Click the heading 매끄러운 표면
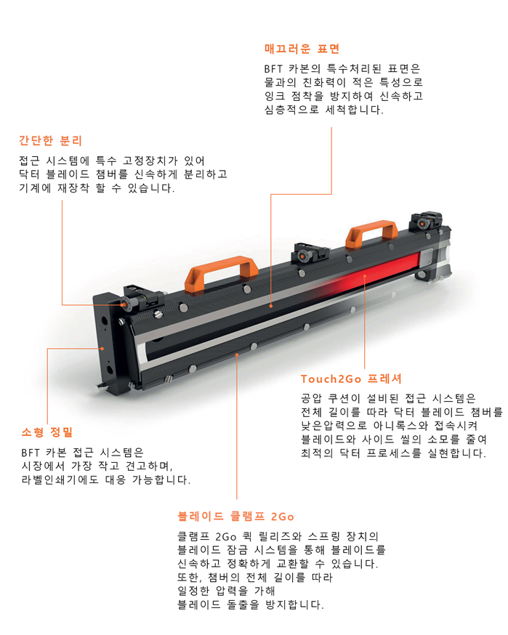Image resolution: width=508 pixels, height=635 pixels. coord(302,49)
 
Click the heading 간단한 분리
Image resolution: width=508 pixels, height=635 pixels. coord(51,140)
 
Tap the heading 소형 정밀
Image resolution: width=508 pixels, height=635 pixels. coord(47,432)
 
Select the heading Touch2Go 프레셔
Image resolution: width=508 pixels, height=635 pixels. coord(351,379)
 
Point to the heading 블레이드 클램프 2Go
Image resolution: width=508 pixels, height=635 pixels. coord(235,517)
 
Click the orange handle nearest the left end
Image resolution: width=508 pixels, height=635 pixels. coord(221,272)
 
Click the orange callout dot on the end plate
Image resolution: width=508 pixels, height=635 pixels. coord(102,348)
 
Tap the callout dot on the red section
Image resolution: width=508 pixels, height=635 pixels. coord(365,276)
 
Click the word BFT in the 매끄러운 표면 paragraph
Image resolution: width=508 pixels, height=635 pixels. coord(273,69)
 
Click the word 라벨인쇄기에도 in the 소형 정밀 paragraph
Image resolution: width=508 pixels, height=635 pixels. coord(60,480)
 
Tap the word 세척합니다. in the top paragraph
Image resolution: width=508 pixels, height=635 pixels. coord(354,110)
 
